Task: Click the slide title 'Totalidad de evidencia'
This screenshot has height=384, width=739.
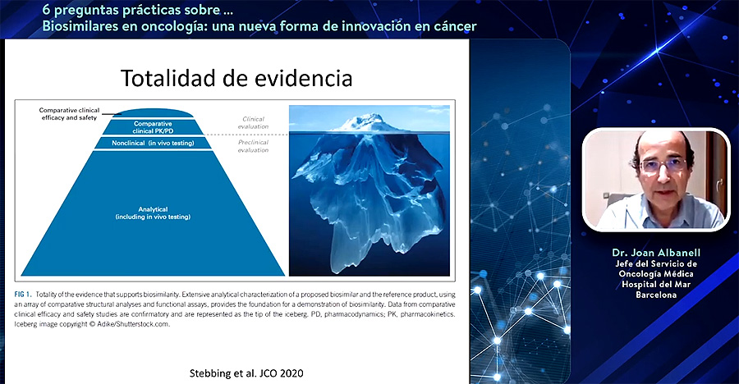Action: pos(236,78)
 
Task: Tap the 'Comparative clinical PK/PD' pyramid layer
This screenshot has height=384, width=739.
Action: pos(153,127)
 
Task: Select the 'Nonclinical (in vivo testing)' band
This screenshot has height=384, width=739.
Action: pos(154,143)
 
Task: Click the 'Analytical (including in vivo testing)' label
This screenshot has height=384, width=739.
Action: pos(154,213)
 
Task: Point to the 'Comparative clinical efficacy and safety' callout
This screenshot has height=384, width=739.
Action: pos(69,114)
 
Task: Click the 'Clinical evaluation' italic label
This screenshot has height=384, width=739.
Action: pos(253,122)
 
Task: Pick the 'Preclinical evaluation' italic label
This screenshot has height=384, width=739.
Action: pos(253,146)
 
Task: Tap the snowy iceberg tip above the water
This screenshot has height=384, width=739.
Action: pos(369,122)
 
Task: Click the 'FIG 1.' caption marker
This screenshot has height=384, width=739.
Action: pos(23,295)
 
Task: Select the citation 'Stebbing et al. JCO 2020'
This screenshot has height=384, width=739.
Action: pos(246,373)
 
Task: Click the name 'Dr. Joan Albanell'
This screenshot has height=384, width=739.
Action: pos(656,253)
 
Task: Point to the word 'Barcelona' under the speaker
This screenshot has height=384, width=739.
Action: pos(656,295)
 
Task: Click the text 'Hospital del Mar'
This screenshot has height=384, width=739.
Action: pos(656,284)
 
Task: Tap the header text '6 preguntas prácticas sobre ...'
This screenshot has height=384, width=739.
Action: pos(138,10)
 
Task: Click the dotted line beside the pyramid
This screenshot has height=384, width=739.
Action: pos(247,135)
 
